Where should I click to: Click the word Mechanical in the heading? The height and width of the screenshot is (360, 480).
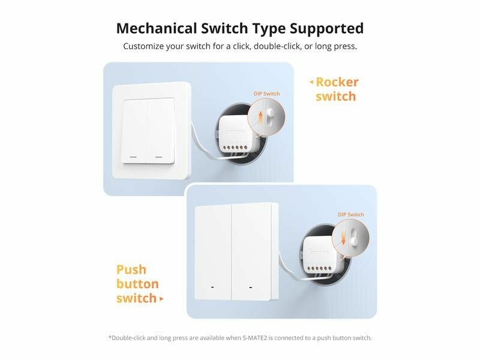[x=157, y=28]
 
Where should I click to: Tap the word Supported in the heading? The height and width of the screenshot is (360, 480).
[x=326, y=29]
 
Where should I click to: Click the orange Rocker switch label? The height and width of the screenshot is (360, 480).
[x=337, y=89]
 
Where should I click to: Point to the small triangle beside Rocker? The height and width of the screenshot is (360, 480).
[x=311, y=82]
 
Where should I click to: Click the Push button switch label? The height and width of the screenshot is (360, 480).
[x=137, y=284]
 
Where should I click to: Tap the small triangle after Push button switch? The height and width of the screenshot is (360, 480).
[x=161, y=299]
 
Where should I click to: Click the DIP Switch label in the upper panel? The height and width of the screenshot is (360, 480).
[x=266, y=94]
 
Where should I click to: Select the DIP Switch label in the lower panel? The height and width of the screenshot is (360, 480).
[x=351, y=215]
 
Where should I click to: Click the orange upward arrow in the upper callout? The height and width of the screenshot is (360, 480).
[x=260, y=118]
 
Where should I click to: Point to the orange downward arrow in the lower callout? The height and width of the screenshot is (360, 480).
[x=343, y=238]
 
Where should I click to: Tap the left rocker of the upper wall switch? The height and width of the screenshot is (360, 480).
[x=134, y=131]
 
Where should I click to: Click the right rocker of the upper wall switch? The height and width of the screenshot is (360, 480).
[x=161, y=131]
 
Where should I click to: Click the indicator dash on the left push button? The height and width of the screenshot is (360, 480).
[x=212, y=287]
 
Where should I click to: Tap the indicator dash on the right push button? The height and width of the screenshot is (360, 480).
[x=251, y=287]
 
